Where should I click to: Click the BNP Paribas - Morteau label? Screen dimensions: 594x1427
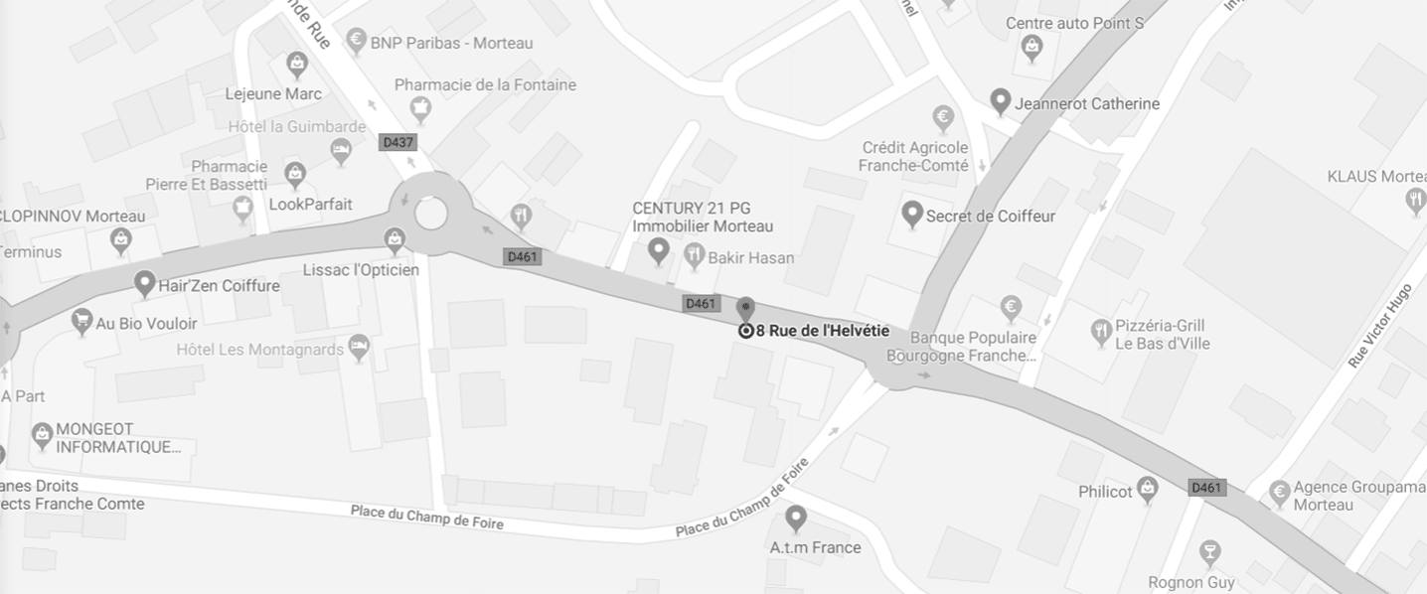click(x=451, y=43)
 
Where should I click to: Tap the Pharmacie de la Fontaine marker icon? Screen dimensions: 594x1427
click(x=420, y=108)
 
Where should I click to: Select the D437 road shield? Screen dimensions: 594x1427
click(x=397, y=143)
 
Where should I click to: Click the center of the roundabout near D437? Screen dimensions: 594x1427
click(x=430, y=213)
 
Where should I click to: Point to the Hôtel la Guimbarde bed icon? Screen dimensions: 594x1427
click(x=341, y=151)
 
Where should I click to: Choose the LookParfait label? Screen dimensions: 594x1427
click(x=310, y=205)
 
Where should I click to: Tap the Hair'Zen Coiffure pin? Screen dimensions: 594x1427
click(x=145, y=284)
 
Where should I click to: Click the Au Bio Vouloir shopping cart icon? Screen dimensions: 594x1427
click(x=81, y=321)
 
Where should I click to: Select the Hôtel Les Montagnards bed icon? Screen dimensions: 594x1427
click(x=360, y=348)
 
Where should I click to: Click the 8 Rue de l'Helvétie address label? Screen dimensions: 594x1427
click(x=822, y=331)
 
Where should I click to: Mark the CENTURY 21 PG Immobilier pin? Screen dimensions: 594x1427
click(x=657, y=250)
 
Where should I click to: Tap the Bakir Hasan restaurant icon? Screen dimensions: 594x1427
click(x=695, y=256)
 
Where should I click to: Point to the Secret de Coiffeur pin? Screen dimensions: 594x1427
click(x=911, y=214)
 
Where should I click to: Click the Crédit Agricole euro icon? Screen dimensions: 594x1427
click(x=943, y=119)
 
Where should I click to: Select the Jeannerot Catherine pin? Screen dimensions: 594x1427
click(x=1001, y=101)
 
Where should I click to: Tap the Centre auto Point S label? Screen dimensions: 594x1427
click(x=1074, y=23)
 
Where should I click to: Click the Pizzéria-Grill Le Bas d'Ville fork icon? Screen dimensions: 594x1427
click(x=1100, y=331)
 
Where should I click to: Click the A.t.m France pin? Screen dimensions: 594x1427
click(x=795, y=518)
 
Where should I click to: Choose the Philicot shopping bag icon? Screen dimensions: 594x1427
click(x=1148, y=489)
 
